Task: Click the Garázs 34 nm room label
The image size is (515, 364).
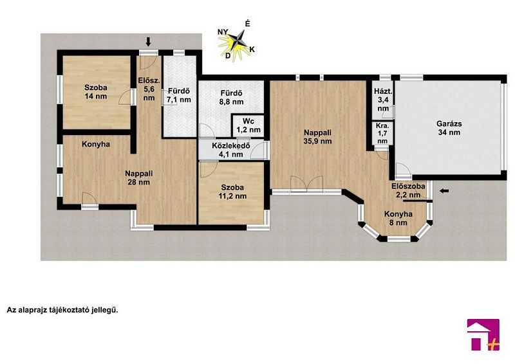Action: (449, 128)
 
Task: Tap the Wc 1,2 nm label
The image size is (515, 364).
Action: (248, 125)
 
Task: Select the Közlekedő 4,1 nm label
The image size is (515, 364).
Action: (231, 150)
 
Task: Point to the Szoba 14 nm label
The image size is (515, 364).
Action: (95, 92)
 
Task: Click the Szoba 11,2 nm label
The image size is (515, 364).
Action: (232, 192)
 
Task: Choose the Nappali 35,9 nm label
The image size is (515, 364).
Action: (317, 137)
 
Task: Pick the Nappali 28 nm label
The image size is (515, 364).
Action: (138, 177)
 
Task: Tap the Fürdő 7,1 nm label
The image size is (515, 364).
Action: (179, 96)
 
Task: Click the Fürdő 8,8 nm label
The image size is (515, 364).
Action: (232, 98)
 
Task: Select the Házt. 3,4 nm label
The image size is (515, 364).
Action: (383, 100)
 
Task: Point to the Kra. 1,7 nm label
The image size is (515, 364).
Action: (382, 133)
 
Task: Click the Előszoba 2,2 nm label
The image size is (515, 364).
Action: (408, 190)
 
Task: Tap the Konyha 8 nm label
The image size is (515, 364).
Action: (398, 218)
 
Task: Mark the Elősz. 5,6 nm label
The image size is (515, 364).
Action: (149, 89)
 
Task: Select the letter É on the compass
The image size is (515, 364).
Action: (248, 24)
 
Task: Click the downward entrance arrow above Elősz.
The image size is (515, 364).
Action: (148, 41)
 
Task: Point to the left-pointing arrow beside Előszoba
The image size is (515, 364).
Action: (444, 191)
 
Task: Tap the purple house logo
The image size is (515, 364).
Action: (483, 334)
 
